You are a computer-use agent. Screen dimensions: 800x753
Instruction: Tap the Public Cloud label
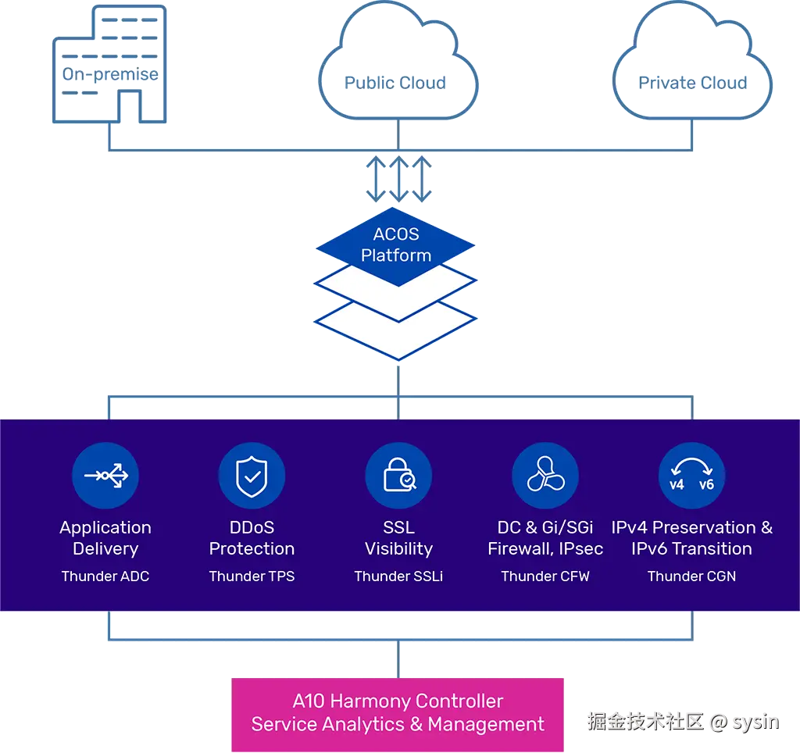tap(395, 83)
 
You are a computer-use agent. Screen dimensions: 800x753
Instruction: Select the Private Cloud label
tap(692, 83)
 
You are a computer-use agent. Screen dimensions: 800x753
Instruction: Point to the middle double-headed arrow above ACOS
tap(398, 179)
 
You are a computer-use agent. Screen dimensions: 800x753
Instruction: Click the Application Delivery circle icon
tap(105, 476)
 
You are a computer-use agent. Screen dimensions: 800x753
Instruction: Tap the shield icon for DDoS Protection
tap(252, 476)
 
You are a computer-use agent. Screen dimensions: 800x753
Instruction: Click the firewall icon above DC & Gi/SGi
tap(545, 476)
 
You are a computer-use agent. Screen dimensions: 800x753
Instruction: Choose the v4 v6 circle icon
tap(692, 476)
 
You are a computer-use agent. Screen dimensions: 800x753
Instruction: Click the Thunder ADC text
tap(105, 576)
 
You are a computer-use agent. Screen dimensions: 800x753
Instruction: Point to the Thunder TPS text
tap(252, 576)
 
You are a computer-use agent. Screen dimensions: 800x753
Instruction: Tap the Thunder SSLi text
tap(398, 576)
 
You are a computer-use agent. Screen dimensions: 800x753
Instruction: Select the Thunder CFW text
tap(545, 576)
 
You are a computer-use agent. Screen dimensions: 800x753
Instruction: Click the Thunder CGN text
tap(692, 576)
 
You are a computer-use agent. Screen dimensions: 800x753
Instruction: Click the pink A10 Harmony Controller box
tap(398, 714)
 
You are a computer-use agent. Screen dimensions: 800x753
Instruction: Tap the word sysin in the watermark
tap(755, 722)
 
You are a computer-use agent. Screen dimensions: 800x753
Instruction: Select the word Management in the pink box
tap(486, 724)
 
